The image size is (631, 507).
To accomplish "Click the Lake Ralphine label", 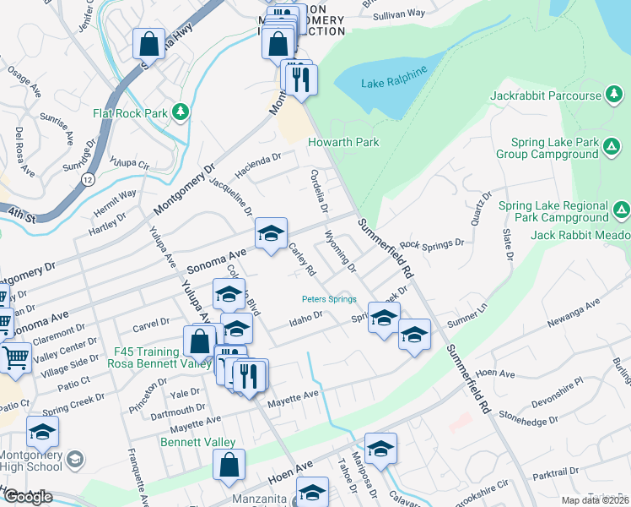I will pos(391,83).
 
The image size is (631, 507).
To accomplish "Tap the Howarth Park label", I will pos(343,143).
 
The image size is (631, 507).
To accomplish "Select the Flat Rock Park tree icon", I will pos(180,112).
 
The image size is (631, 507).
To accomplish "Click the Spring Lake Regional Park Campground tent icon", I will pos(621,209).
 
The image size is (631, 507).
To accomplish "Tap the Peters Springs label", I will pos(329,299).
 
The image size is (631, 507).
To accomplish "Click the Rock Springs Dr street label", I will pos(432,244).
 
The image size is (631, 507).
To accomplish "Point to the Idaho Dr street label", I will pos(306,319).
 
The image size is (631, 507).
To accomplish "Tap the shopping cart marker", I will pos(14,358).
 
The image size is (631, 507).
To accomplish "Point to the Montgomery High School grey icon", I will pos(74,460).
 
